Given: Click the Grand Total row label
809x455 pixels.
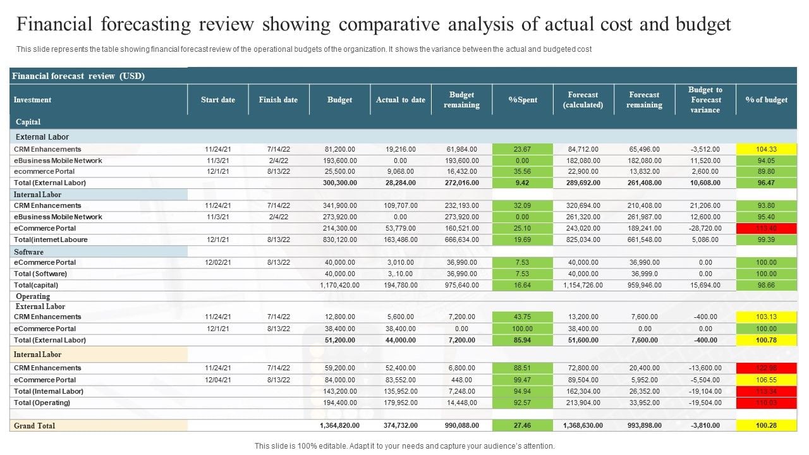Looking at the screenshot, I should (35, 426).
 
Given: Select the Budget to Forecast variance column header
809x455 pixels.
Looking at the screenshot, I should (705, 100).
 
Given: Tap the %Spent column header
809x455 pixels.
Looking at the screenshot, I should (523, 100).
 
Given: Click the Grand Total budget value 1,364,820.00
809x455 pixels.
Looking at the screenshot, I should (339, 426).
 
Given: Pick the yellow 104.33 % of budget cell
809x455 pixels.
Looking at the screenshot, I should (766, 149).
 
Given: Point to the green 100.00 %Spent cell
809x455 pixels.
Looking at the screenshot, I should (523, 329).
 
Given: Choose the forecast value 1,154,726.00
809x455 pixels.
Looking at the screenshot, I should (583, 285).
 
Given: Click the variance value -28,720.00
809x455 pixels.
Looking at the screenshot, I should (705, 228).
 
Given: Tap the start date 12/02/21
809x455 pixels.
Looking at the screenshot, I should (218, 262).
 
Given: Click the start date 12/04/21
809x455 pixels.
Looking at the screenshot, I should (218, 380).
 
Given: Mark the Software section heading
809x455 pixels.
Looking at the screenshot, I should (29, 252).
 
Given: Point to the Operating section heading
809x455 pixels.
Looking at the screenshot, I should (33, 296).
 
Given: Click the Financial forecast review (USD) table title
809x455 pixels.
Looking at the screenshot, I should (79, 76).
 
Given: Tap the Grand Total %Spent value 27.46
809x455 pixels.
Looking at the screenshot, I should (523, 426).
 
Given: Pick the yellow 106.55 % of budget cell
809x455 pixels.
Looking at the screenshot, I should (766, 380).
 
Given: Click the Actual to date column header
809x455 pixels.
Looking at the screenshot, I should (401, 100).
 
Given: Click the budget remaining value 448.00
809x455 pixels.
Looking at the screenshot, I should (461, 380).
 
